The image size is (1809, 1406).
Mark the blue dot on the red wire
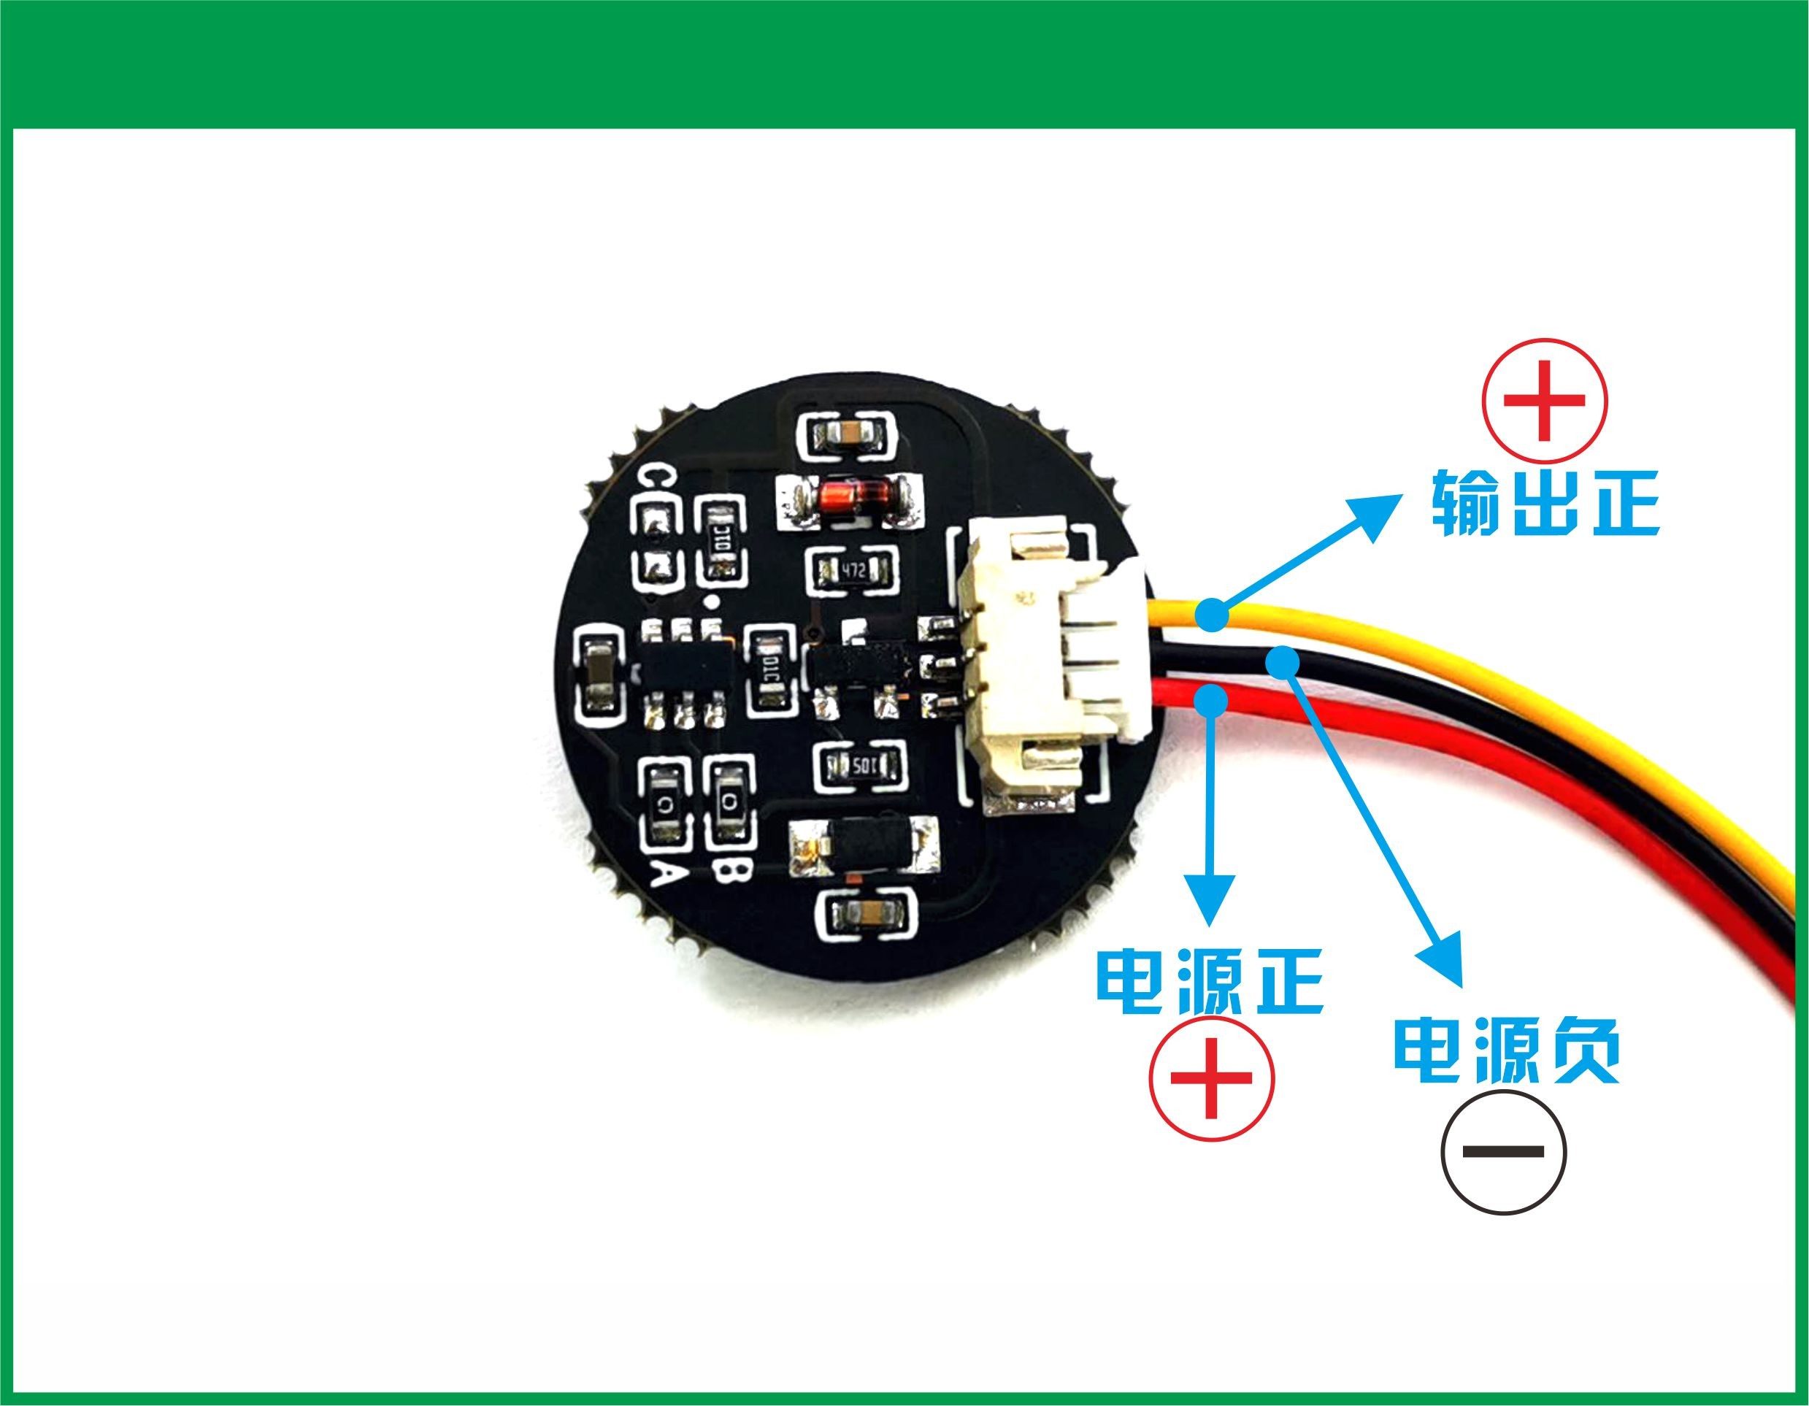pos(1213,701)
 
